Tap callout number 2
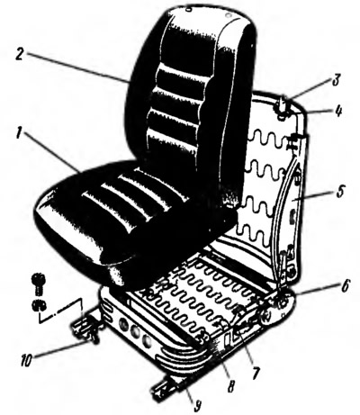21,55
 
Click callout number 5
339,191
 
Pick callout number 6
345,286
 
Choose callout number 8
230,385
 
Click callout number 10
26,360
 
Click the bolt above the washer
38,283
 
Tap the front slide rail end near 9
165,390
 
